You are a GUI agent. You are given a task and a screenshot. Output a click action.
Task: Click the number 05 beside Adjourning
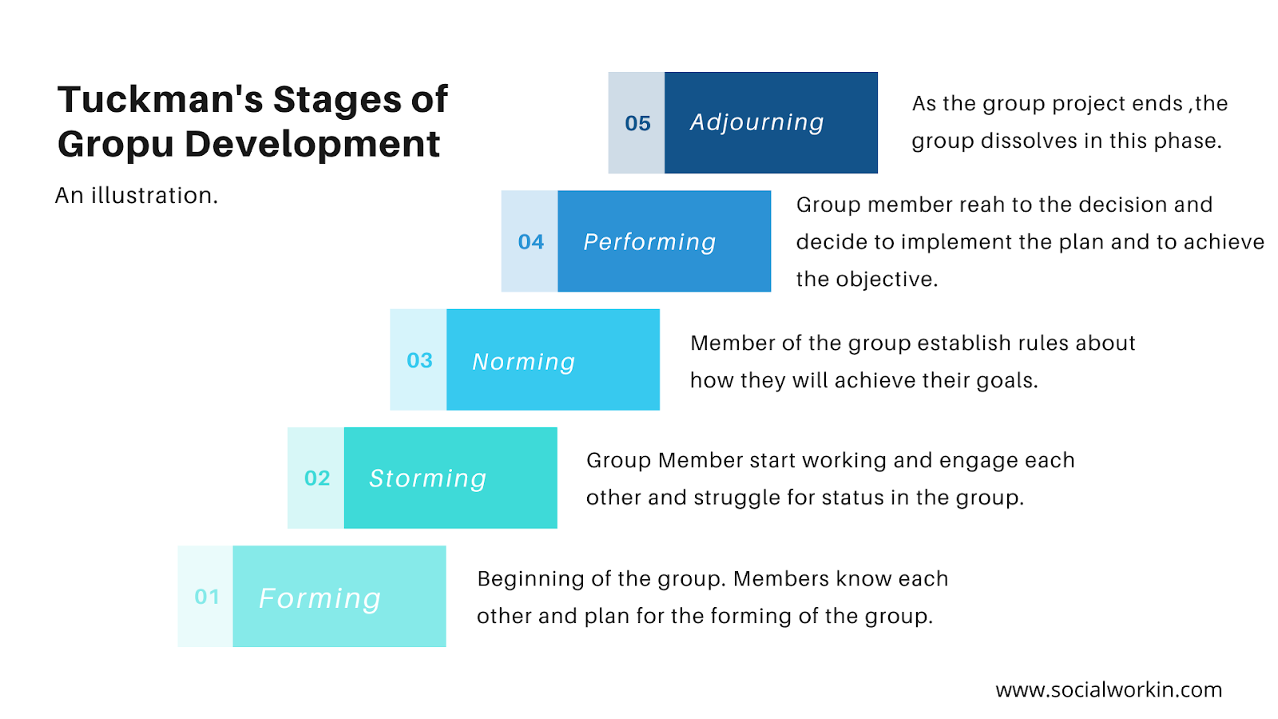pyautogui.click(x=637, y=123)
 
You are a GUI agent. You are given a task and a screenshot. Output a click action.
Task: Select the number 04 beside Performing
pyautogui.click(x=530, y=241)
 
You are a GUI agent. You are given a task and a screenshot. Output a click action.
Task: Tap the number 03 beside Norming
pyautogui.click(x=419, y=360)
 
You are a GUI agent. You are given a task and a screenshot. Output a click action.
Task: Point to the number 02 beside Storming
pyautogui.click(x=317, y=478)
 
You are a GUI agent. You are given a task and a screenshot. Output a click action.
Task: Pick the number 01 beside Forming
pyautogui.click(x=207, y=597)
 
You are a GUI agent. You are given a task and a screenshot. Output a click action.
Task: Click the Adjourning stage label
pyautogui.click(x=756, y=122)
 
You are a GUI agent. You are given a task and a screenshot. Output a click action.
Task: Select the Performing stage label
pyautogui.click(x=649, y=242)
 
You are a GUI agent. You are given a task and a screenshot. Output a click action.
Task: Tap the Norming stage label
pyautogui.click(x=523, y=362)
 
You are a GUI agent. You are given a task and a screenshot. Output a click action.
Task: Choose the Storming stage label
pyautogui.click(x=427, y=479)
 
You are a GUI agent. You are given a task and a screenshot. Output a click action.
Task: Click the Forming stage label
pyautogui.click(x=319, y=598)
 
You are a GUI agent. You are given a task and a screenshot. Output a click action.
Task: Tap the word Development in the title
pyautogui.click(x=312, y=145)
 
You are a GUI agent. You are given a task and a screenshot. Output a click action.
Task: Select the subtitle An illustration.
pyautogui.click(x=137, y=195)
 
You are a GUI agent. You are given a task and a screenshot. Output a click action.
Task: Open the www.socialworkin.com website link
pyautogui.click(x=1109, y=689)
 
